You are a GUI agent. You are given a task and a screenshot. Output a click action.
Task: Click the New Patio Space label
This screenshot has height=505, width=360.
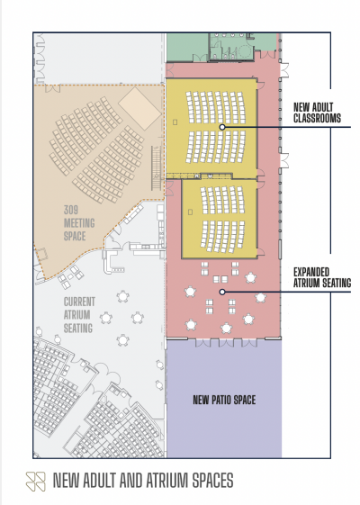tap(224, 400)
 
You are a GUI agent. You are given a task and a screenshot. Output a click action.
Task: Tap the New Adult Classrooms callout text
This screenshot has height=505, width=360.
tap(317, 113)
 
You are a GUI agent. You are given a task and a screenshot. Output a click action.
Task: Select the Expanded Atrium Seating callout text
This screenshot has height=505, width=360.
tap(322, 277)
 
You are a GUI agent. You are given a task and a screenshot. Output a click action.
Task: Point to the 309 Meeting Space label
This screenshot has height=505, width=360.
tap(79, 223)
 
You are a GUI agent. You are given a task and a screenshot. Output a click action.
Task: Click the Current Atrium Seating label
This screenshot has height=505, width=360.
tap(79, 315)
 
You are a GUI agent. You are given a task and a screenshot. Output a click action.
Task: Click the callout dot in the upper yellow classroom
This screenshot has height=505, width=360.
tap(222, 127)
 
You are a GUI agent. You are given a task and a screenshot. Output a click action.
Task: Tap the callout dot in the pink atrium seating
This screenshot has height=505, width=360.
tap(222, 292)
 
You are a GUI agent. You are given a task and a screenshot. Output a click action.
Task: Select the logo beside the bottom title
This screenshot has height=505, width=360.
tap(35, 482)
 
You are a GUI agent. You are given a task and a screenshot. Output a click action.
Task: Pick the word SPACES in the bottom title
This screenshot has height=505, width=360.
tap(212, 481)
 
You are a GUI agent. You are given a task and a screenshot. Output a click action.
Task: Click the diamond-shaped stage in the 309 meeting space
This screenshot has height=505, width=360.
tap(139, 108)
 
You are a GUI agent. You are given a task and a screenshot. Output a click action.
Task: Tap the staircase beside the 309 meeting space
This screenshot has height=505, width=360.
tap(157, 167)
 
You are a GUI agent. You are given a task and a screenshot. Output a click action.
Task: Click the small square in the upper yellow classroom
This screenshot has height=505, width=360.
tap(175, 122)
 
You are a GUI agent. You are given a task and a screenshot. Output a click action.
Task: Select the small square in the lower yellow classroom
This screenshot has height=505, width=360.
tap(190, 212)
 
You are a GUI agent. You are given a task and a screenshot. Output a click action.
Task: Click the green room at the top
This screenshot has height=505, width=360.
tap(187, 47)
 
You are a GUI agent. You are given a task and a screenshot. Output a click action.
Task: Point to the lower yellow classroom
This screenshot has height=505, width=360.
tap(220, 219)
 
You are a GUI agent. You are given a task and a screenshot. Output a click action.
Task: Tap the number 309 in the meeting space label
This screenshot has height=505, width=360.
tap(70, 210)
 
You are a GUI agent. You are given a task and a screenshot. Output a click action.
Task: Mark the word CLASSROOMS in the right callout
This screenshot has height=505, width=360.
tap(317, 118)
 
